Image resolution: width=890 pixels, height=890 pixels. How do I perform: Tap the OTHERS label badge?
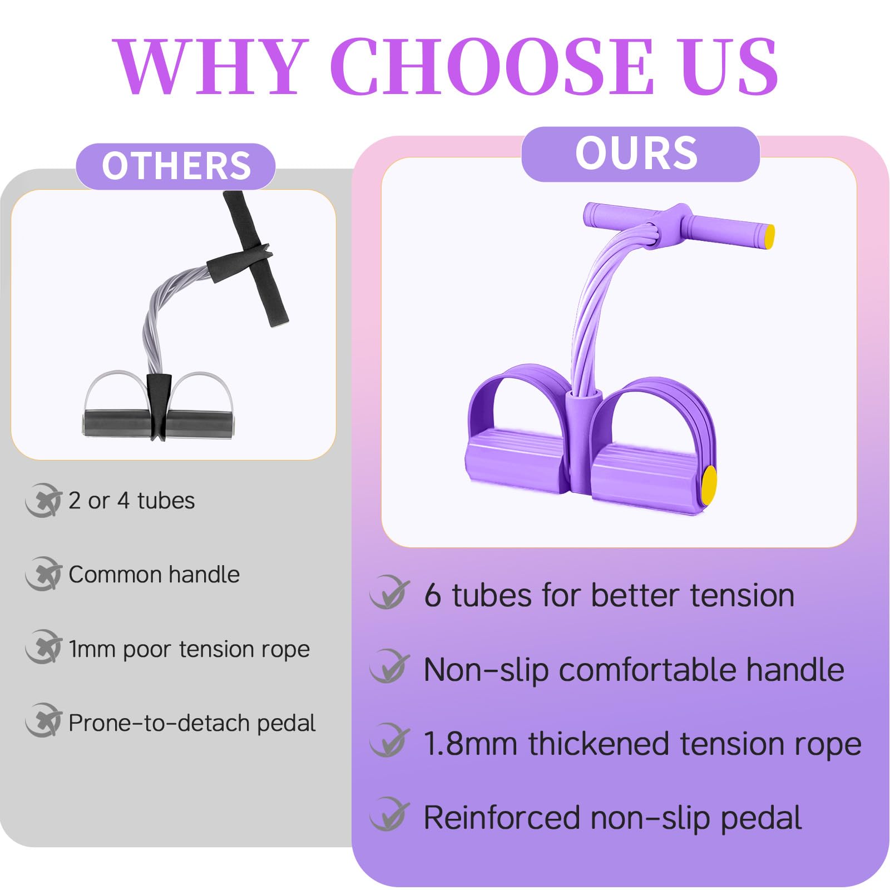tap(176, 166)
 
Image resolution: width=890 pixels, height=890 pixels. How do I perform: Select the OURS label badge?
tap(640, 154)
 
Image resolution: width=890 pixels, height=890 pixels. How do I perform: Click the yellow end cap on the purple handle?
tap(769, 237)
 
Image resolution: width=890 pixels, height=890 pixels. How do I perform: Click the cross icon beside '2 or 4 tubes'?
tap(43, 501)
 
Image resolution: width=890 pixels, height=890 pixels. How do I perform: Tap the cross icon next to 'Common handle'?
tap(43, 574)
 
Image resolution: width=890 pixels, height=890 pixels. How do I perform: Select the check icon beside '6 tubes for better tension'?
tap(389, 593)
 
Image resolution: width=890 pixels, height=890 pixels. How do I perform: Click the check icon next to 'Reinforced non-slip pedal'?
tap(389, 814)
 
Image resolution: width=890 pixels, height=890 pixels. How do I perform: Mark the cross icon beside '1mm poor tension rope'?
tap(43, 647)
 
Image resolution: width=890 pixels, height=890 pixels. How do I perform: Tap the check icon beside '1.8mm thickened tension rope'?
tap(389, 741)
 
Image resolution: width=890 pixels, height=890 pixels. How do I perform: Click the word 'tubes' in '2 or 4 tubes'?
tap(166, 501)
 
